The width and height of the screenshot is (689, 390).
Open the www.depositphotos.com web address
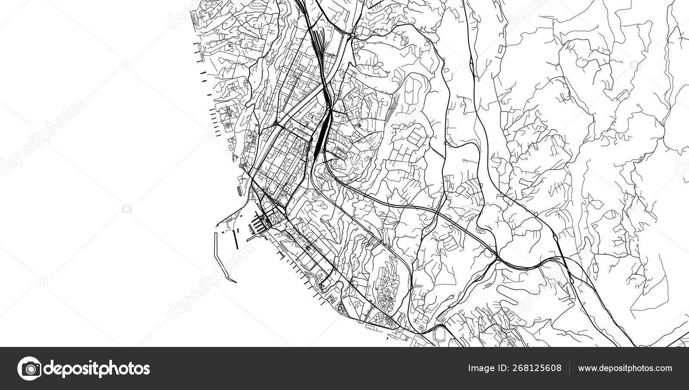pyautogui.click(x=625, y=368)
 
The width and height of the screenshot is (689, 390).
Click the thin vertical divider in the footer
pyautogui.click(x=570, y=368)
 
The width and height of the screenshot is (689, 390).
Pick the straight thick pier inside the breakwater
pyautogui.click(x=235, y=237)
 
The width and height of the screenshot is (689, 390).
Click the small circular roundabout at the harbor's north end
pyautogui.click(x=241, y=166)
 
